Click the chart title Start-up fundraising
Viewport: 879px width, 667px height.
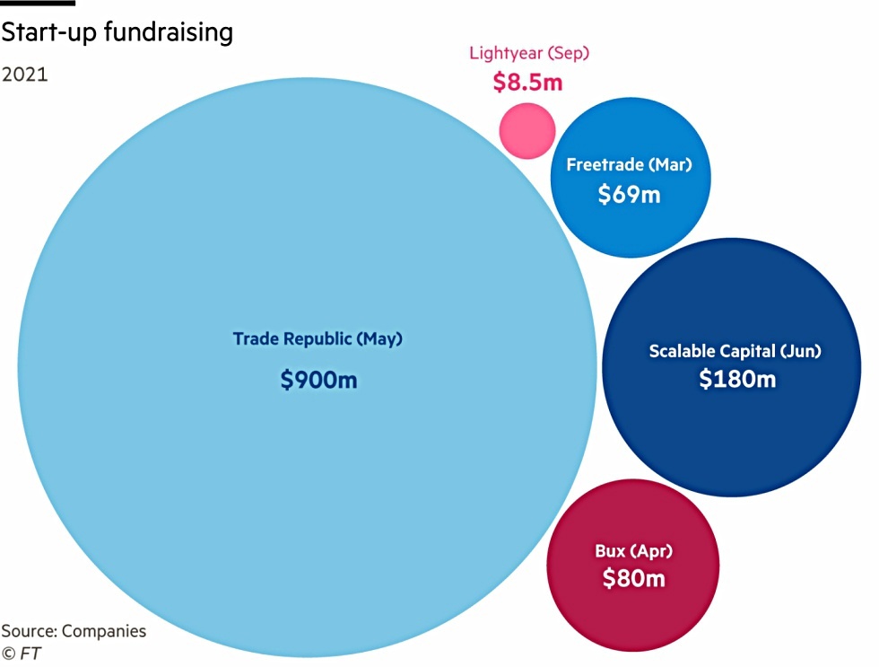(117, 32)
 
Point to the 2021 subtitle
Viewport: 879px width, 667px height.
(25, 75)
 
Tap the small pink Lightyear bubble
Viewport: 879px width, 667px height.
(527, 131)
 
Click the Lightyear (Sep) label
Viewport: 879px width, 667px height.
(529, 53)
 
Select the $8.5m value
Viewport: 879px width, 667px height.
(527, 82)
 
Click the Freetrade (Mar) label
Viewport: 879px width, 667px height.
(629, 165)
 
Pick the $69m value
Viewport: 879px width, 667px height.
(629, 195)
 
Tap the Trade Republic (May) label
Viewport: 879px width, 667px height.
(318, 338)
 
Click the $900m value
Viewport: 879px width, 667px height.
(318, 380)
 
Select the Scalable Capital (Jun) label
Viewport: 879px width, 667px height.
(735, 351)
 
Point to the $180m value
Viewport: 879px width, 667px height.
(737, 379)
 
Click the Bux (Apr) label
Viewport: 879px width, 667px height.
(633, 551)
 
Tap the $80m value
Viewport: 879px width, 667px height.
(633, 578)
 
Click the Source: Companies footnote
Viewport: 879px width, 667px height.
(74, 631)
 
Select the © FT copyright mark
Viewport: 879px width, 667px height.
(22, 654)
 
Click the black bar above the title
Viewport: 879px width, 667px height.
(38, 3)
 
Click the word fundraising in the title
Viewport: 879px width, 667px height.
(169, 32)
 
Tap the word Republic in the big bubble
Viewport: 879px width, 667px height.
(318, 339)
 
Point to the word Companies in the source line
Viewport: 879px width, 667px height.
(104, 632)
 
